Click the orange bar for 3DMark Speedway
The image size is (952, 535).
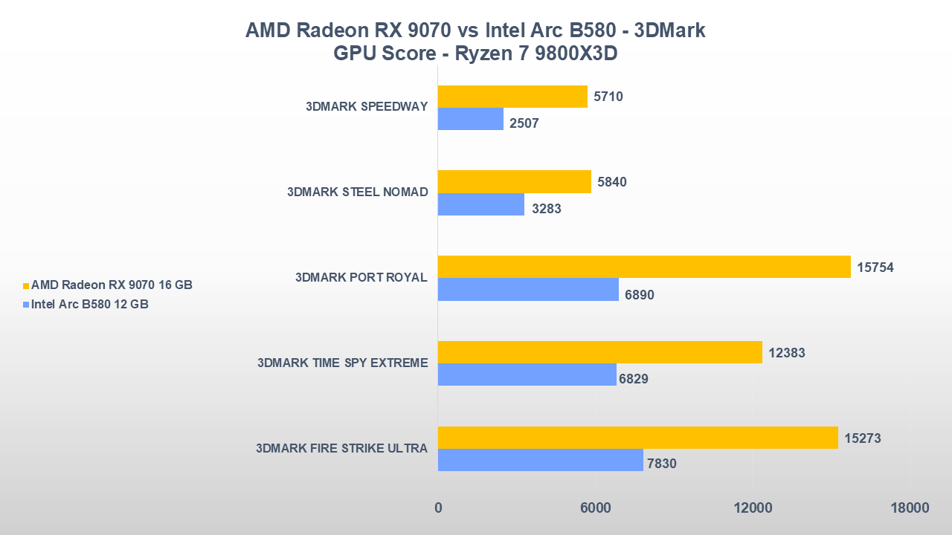point(512,97)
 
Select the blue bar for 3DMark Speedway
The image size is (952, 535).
point(471,119)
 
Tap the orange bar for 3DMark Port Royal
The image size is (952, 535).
point(644,267)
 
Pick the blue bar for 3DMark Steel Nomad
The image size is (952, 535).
point(481,204)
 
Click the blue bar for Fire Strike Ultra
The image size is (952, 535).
point(541,460)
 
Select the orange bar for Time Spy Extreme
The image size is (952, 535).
point(600,352)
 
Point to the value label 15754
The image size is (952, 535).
point(875,267)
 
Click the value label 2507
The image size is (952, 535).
point(524,123)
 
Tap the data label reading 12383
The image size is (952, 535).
point(787,353)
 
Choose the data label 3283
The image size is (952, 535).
point(547,209)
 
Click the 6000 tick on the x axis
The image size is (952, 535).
point(595,508)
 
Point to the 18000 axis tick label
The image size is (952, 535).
point(910,508)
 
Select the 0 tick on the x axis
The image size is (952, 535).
point(438,508)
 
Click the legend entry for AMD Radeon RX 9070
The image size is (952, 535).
point(112,285)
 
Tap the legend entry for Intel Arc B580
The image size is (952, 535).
point(89,304)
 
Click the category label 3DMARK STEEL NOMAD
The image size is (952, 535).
point(357,192)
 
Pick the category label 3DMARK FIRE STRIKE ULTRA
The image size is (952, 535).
point(341,448)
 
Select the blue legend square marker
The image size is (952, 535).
point(25,305)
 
